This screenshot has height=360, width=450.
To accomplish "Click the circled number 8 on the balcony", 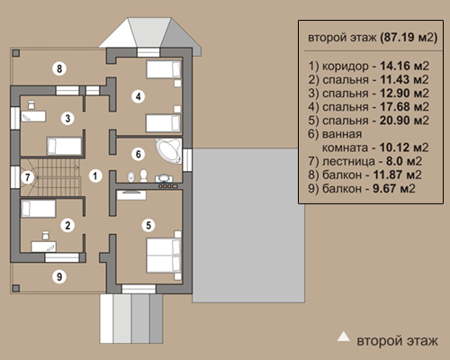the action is point(59,68).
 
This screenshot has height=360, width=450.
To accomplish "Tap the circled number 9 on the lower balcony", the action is point(59,276).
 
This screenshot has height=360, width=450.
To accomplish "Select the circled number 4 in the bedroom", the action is point(139,96).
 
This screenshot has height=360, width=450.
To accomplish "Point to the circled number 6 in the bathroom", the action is point(139,154).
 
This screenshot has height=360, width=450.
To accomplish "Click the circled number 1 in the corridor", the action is point(95,175).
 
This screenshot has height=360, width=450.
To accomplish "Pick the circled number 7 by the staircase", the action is point(28,177).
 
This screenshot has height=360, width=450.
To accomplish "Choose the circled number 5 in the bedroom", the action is point(148,225).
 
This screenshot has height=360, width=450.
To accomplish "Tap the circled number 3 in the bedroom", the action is point(67,118).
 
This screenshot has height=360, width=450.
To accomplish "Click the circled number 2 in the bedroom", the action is point(67,225).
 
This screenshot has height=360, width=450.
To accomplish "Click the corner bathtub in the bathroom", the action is point(168,151).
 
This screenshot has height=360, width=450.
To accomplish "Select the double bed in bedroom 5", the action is point(164,256).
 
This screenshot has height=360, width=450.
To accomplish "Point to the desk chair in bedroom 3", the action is point(31,105).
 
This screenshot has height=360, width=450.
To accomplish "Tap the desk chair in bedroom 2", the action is point(45,235).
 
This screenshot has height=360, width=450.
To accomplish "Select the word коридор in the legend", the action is point(346,67).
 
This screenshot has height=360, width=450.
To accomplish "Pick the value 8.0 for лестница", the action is point(393,161).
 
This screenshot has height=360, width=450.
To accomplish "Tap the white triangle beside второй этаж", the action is point(344,337).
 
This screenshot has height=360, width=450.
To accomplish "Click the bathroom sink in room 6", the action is point(164,178).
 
